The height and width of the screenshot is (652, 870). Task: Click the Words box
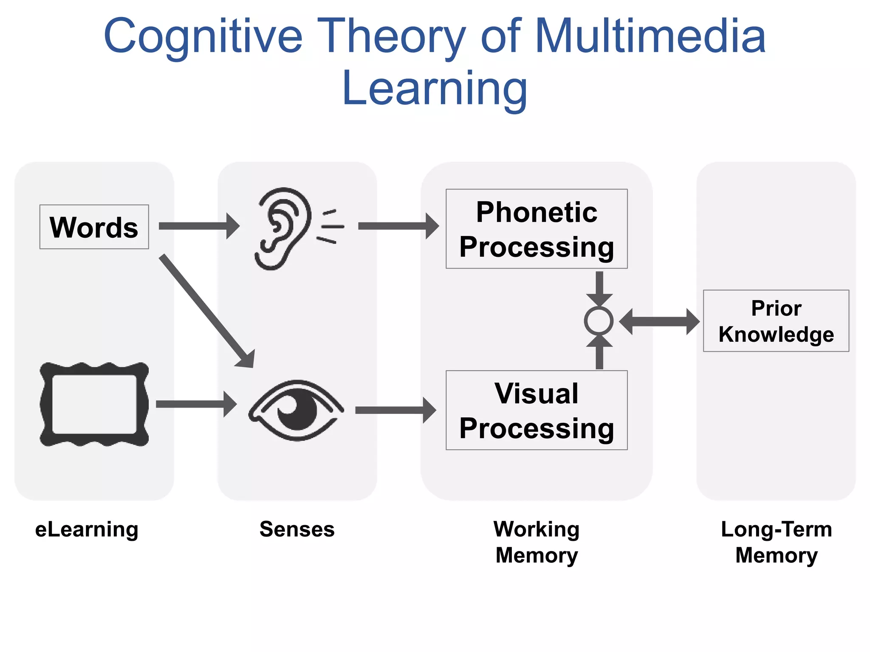(x=94, y=227)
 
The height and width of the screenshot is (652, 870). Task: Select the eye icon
(x=296, y=410)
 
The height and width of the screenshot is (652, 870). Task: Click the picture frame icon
(x=94, y=404)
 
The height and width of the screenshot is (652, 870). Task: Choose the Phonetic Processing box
(x=536, y=229)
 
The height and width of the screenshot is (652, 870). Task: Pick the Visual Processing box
(x=536, y=410)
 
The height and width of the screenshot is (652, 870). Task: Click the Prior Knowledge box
(x=776, y=321)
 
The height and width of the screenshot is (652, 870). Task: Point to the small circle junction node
(x=599, y=321)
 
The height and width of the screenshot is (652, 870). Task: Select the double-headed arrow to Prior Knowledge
(x=659, y=322)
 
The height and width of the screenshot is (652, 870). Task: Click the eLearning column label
(x=87, y=529)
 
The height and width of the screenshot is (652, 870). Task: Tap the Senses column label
(x=297, y=529)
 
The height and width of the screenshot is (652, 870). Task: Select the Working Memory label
(x=537, y=542)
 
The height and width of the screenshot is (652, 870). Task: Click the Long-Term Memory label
(x=776, y=542)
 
